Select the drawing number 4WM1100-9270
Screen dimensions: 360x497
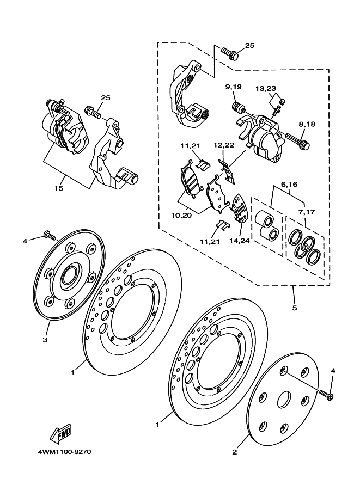point(64,451)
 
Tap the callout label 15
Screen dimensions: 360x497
point(59,188)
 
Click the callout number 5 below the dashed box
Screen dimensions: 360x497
point(295,308)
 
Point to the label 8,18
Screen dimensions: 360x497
point(307,124)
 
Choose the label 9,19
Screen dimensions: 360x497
point(234,87)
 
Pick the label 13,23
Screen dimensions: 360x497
point(266,88)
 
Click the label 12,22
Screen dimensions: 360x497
point(224,145)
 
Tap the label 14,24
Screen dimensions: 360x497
point(240,241)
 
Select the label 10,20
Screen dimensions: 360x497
point(181,216)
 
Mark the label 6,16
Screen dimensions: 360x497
point(289,184)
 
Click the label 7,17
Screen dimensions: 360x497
point(307,212)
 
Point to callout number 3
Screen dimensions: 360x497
point(45,340)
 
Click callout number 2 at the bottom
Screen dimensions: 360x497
point(234,452)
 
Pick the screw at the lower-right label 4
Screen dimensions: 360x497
point(327,395)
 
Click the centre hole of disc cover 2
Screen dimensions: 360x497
point(284,401)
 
